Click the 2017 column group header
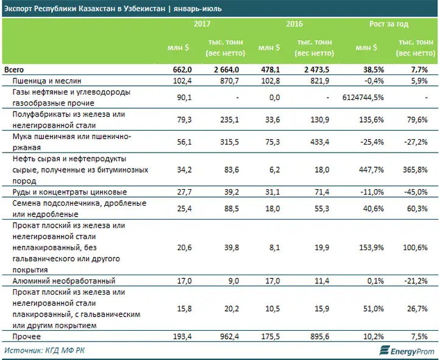point(202,24)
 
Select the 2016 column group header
point(294,24)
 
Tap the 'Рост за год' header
point(388,24)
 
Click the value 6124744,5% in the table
point(363,98)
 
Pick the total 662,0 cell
point(182,70)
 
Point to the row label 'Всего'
point(14,70)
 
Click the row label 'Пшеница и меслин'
point(47,81)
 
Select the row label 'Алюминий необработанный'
point(64,281)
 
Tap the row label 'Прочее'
point(27,336)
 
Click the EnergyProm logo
point(407,350)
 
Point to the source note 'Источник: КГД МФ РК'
point(45,350)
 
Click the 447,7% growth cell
point(371,170)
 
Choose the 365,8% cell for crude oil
point(415,170)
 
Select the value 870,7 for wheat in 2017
point(229,81)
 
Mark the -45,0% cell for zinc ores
point(416,192)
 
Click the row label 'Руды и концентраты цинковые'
point(70,192)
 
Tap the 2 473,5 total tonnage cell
point(316,70)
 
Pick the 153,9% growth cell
point(371,248)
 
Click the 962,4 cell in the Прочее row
point(229,336)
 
